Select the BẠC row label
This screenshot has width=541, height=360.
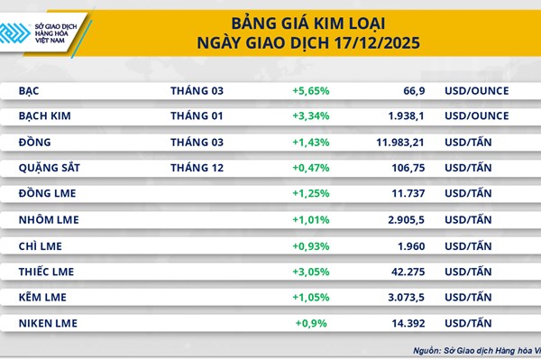(31, 91)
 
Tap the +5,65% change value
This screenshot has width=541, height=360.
(310, 91)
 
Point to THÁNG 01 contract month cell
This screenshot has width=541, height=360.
(196, 116)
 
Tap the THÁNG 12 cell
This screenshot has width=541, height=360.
(196, 168)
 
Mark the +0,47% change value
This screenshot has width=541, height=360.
(310, 168)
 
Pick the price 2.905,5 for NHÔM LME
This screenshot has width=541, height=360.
(402, 219)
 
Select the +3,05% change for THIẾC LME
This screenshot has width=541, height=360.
(310, 271)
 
